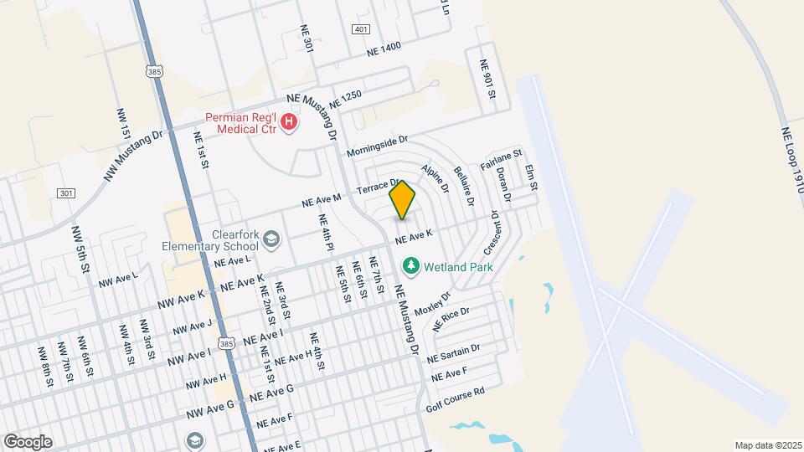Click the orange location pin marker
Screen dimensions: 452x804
(x=403, y=200)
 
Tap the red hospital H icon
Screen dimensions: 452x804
(x=289, y=123)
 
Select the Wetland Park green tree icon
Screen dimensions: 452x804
(x=410, y=266)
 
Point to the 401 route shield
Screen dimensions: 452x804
(x=361, y=29)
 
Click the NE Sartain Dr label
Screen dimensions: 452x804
(x=453, y=352)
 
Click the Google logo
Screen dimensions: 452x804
(x=28, y=442)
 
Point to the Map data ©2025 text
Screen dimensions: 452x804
(x=768, y=445)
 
